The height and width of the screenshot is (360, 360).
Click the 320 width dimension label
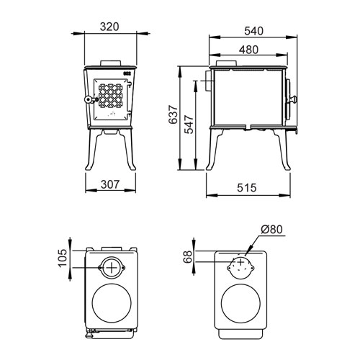pyautogui.click(x=109, y=27)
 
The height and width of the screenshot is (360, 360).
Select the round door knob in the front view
pyautogui.click(x=87, y=99)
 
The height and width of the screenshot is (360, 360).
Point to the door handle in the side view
pyautogui.click(x=292, y=96)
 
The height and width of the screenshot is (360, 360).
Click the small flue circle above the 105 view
pyautogui.click(x=111, y=267)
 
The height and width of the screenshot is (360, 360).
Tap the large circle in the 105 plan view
pyautogui.click(x=111, y=303)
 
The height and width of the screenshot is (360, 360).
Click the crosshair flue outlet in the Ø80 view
pyautogui.click(x=240, y=264)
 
